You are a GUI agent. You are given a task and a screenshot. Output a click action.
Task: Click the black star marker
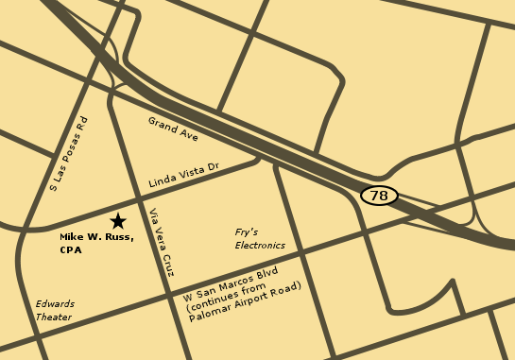tap(118, 221)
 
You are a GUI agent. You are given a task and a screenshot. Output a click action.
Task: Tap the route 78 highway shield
tap(379, 196)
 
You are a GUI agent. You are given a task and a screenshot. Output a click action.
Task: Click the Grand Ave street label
tap(173, 129)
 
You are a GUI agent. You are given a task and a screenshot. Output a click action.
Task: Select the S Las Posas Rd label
tap(68, 153)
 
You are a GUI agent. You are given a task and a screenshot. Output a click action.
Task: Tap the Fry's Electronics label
tap(260, 238)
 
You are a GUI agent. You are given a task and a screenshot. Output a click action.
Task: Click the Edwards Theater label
tap(55, 311)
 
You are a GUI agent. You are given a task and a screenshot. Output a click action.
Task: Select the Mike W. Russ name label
tap(96, 237)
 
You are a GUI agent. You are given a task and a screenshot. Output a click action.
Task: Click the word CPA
tap(72, 250)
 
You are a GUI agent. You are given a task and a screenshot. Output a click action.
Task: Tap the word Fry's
tap(248, 231)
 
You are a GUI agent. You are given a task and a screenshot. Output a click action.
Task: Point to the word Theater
tap(55, 317)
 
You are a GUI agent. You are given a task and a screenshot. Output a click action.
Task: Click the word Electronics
tap(260, 245)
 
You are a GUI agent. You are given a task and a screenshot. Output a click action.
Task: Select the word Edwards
tap(55, 304)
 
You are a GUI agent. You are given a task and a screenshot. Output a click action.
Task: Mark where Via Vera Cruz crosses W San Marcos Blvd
tap(174, 299)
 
